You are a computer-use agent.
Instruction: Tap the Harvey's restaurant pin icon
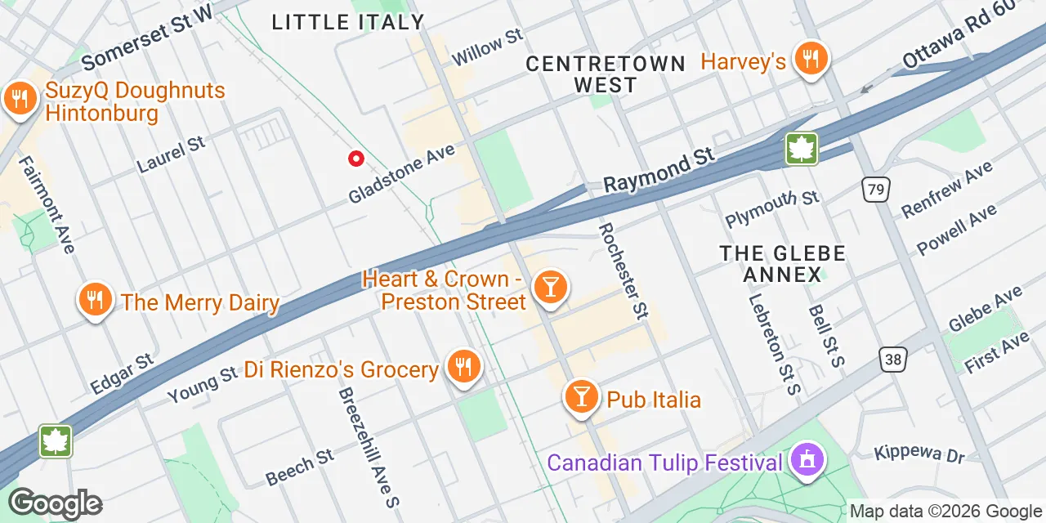811,59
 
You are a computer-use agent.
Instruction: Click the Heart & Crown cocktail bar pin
550,288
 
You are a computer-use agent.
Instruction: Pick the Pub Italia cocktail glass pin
581,397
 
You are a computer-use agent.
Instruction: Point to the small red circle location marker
355,159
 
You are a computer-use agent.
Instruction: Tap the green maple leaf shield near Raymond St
802,150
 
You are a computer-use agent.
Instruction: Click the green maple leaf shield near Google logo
56,441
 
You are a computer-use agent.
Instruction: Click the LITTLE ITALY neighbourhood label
348,23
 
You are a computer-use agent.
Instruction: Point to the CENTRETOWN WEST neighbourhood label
606,74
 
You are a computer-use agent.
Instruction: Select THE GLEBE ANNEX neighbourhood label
782,264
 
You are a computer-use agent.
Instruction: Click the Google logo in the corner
55,503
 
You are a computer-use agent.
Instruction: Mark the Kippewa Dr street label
919,454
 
